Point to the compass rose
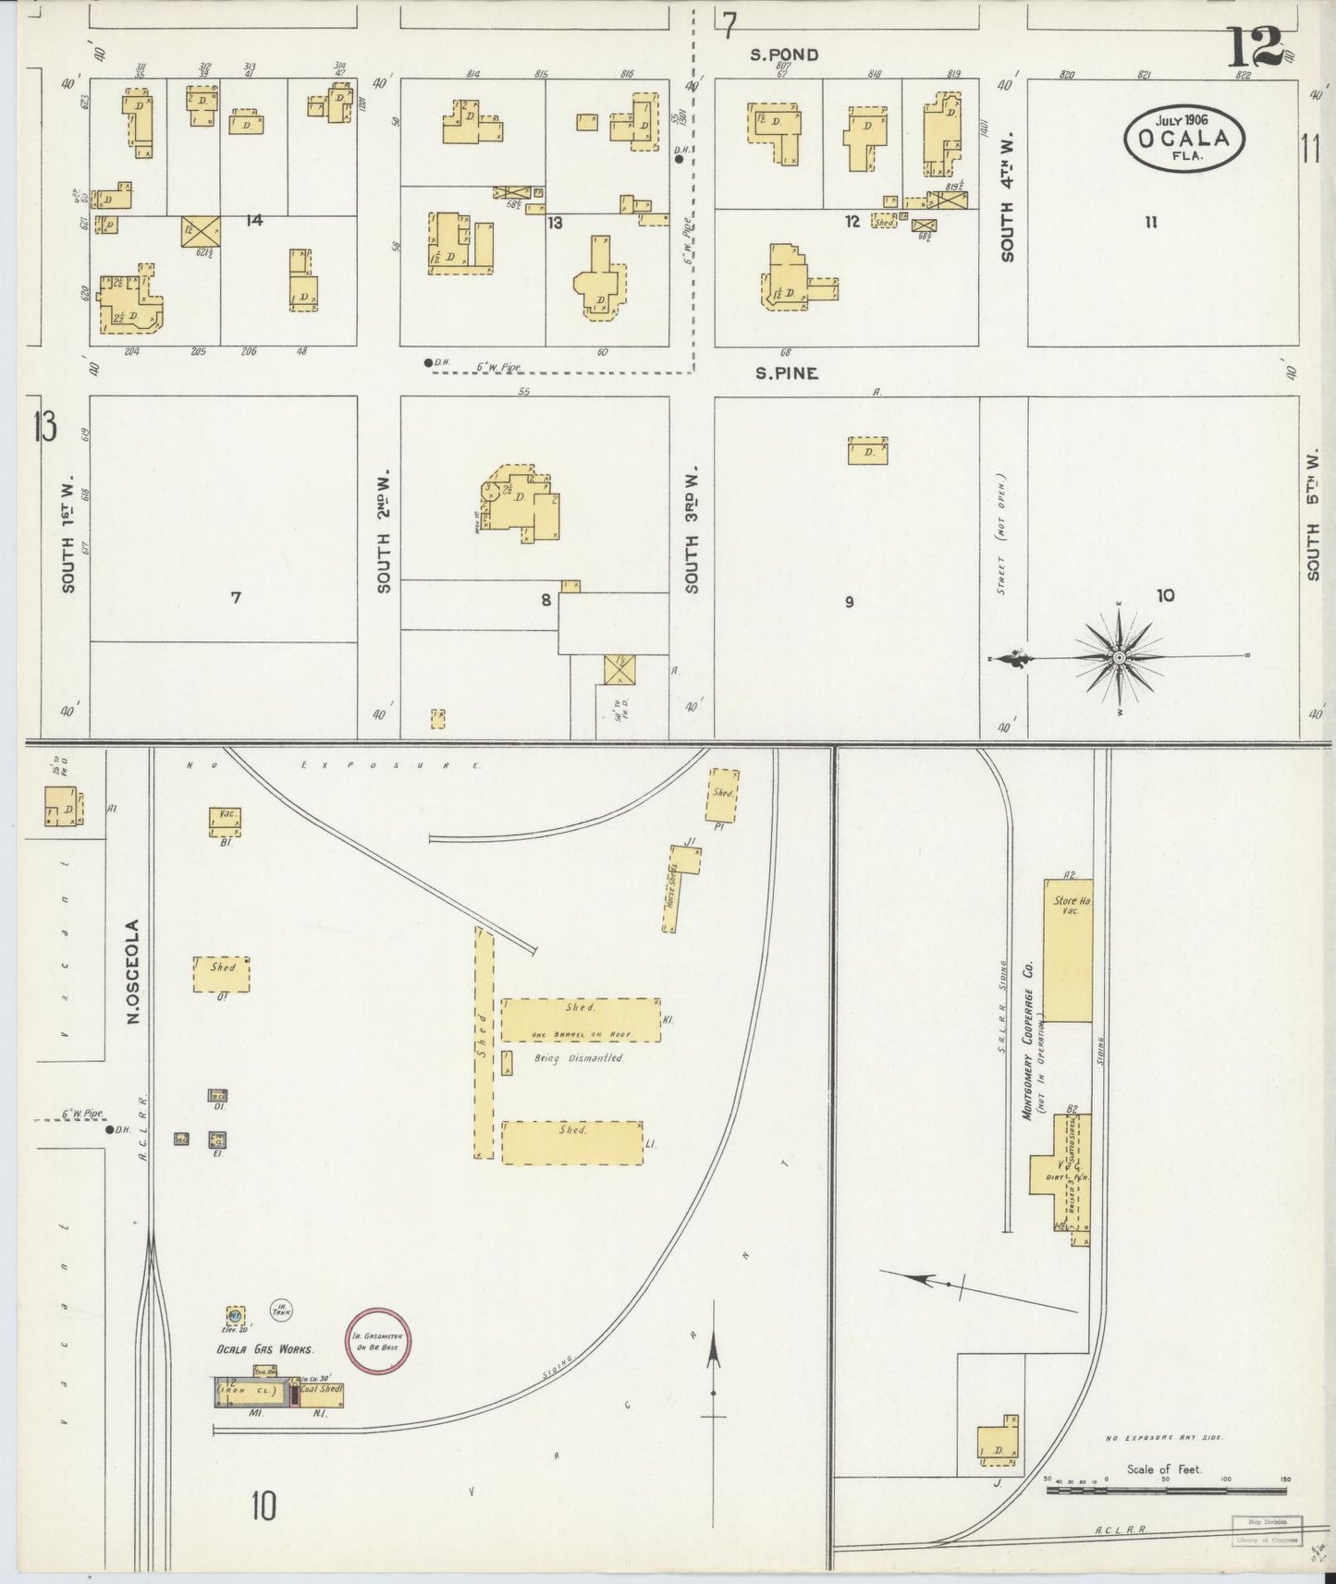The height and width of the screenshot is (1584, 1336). [x=1119, y=657]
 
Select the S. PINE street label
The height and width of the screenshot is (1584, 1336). [x=787, y=374]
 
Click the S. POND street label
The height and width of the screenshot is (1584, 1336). [x=784, y=55]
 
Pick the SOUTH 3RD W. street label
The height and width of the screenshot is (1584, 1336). [x=693, y=529]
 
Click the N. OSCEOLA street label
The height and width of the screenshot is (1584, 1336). [x=133, y=970]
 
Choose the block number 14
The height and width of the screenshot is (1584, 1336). [x=255, y=220]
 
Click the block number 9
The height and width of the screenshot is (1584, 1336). [x=849, y=603]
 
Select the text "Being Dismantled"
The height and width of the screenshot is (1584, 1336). [x=579, y=1058]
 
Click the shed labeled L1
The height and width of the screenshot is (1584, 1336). [x=572, y=1142]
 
